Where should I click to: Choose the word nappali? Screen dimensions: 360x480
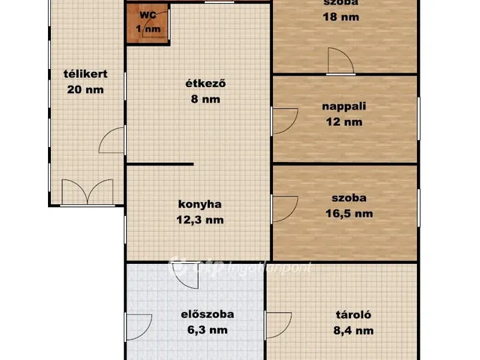tap(344, 106)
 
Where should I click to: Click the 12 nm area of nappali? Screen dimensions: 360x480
tap(344, 121)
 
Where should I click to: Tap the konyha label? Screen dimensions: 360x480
tap(199, 203)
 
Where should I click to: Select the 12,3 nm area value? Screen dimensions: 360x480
tap(199, 220)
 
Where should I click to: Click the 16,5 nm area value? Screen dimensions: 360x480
tap(349, 214)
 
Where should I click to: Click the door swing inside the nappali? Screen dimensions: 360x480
tap(284, 121)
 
